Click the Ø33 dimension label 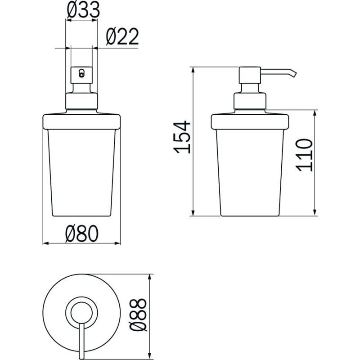(83, 10)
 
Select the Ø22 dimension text (122, 36)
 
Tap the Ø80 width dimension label (82, 234)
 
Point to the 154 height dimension (182, 137)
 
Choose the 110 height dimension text (304, 155)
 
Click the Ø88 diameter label (138, 315)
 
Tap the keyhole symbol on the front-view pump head (81, 73)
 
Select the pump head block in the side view (250, 75)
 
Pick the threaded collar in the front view (82, 101)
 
